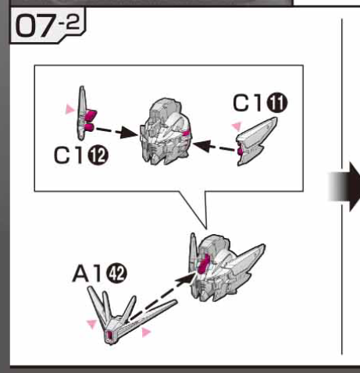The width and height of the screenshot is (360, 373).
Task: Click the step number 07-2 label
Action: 48,25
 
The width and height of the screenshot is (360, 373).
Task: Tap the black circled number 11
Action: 277,103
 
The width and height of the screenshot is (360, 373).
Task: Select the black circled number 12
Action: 98,156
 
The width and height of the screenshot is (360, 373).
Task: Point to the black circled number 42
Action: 117,273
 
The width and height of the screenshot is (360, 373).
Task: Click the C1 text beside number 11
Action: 248,103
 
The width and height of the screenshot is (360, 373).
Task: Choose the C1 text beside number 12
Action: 70,155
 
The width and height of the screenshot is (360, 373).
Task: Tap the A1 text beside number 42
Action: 87,273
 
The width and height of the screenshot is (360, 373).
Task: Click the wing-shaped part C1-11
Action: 256,142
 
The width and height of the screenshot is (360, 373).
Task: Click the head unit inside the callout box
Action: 165,132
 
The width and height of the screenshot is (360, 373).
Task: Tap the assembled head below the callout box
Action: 224,268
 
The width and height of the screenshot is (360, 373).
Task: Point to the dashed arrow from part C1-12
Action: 116,131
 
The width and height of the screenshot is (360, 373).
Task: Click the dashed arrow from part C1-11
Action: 214,147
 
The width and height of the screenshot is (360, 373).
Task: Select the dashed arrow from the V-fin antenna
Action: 162,297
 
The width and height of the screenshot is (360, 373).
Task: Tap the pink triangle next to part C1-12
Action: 70,108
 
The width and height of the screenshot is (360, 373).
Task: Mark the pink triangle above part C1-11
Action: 237,126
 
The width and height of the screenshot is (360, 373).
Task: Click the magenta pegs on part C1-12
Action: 90,120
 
